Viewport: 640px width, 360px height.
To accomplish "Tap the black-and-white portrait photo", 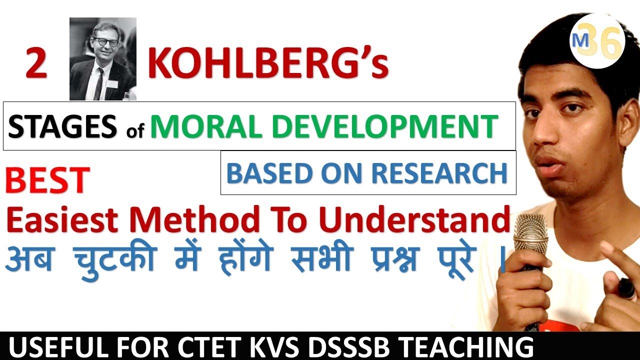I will click(x=103, y=59).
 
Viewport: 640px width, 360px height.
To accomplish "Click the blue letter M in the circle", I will click(x=581, y=42).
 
